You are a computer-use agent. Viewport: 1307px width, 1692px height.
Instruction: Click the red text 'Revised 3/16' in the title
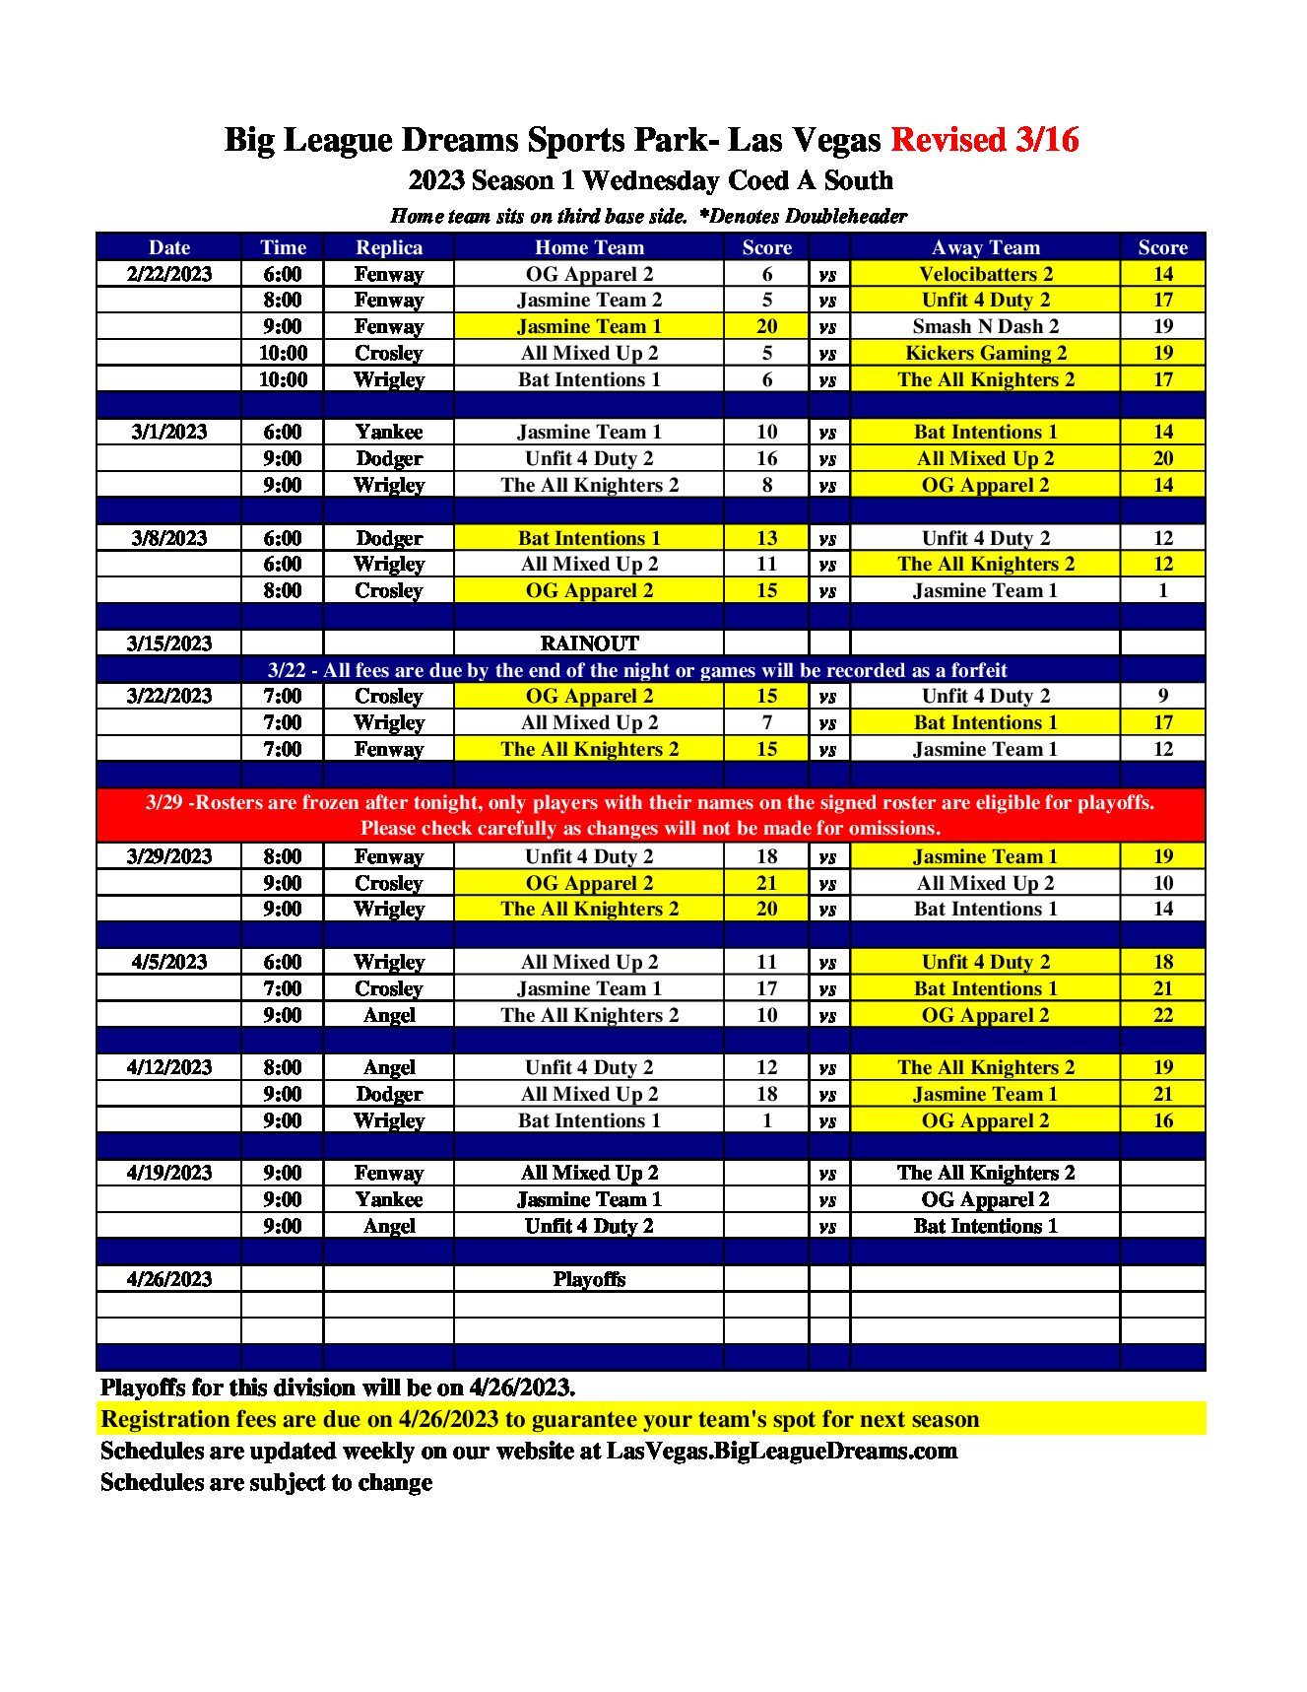(984, 140)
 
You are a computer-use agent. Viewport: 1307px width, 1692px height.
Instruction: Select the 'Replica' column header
(389, 247)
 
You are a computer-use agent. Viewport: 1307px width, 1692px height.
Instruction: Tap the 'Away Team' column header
(985, 247)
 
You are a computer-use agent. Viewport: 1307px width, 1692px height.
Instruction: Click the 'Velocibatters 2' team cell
(985, 274)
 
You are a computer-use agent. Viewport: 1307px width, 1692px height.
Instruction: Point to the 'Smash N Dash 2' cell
(985, 326)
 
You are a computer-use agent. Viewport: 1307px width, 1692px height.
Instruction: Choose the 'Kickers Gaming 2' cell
(985, 353)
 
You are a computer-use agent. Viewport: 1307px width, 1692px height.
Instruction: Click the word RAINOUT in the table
(589, 643)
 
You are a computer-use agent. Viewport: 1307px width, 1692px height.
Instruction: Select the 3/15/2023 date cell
(169, 643)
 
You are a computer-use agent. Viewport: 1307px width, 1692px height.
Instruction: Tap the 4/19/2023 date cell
(169, 1173)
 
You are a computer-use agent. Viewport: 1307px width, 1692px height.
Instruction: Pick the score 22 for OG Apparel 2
(1162, 1015)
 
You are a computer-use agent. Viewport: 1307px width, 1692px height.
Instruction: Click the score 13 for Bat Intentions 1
(766, 538)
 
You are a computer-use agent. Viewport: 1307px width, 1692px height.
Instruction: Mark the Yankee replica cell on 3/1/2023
(389, 432)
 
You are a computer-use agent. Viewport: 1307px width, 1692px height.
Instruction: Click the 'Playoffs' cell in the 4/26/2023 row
(589, 1279)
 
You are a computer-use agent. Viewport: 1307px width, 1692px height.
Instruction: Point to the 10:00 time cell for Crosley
(283, 353)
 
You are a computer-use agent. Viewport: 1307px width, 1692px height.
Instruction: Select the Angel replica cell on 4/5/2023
(389, 1015)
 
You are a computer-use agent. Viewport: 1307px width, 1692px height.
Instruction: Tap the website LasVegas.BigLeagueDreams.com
(781, 1451)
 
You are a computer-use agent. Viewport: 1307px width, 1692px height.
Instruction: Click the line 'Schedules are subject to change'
(266, 1482)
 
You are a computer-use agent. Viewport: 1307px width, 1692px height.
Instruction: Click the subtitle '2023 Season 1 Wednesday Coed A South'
(650, 180)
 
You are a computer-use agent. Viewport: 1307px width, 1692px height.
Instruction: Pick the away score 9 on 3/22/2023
(1162, 696)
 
